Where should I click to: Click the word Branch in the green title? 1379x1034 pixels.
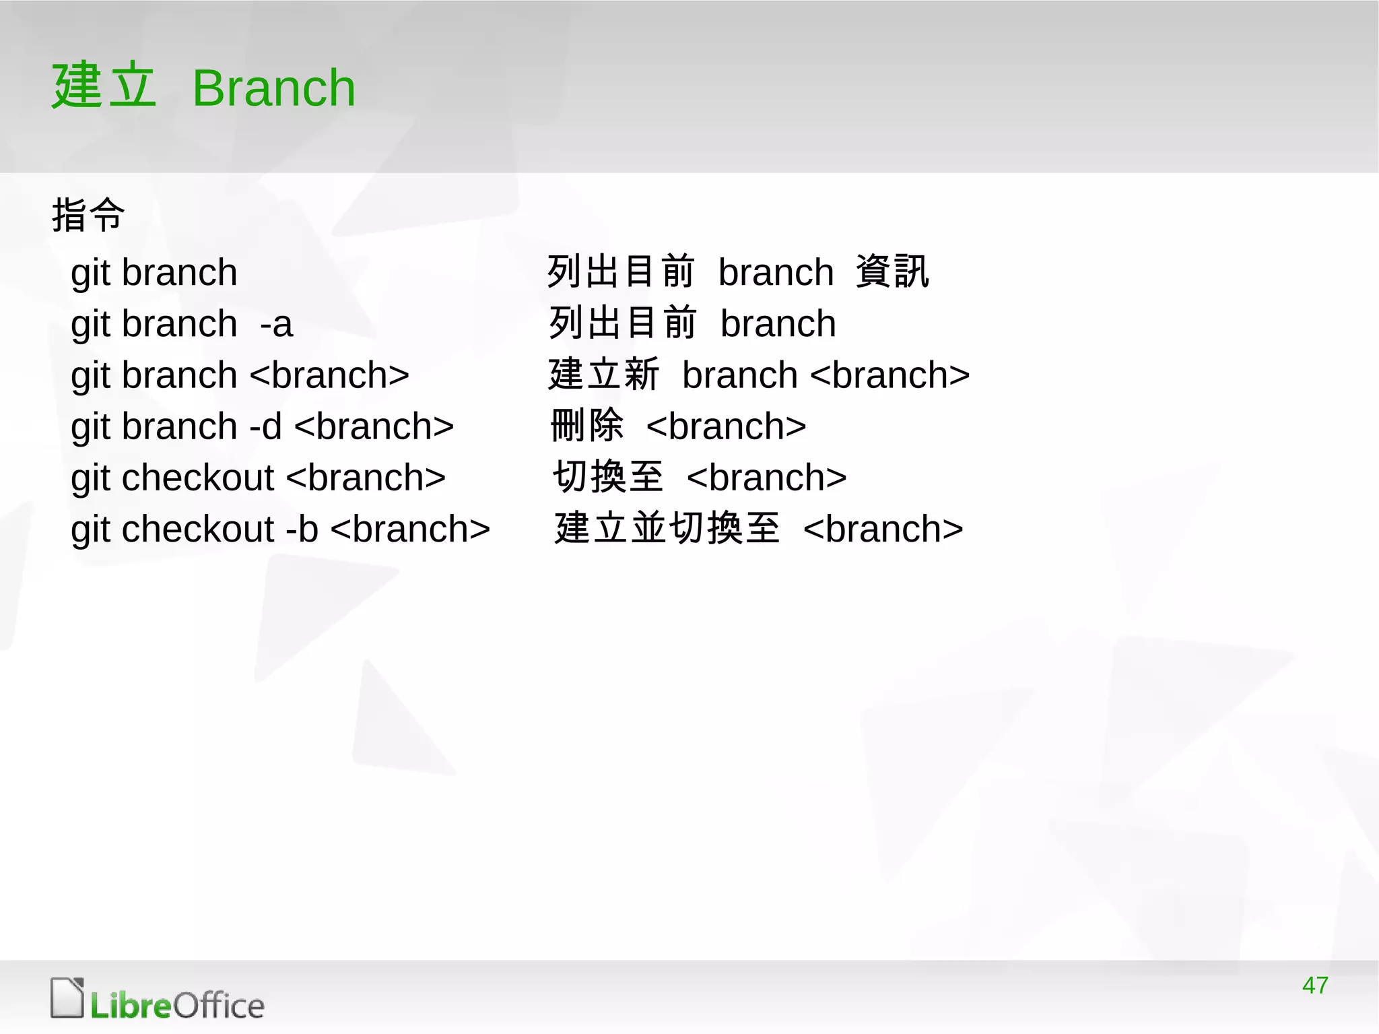pos(273,88)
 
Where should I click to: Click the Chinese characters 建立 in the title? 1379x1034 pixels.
pos(104,86)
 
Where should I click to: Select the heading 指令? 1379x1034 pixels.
pos(88,216)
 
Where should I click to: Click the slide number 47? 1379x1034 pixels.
pos(1314,985)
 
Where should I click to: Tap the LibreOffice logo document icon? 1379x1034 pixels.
pos(67,998)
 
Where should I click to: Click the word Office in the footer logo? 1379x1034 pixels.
pos(219,1006)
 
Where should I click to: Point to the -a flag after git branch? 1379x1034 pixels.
pos(276,324)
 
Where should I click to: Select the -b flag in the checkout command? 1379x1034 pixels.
pos(302,529)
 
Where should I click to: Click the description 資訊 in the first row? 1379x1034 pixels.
pos(892,272)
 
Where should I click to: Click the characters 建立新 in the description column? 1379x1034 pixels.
pos(603,375)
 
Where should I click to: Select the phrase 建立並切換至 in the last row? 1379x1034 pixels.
pos(667,528)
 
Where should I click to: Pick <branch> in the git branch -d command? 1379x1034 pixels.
pos(374,426)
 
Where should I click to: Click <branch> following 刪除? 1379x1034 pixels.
pos(726,426)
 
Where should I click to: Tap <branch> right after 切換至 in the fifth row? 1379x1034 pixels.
pos(766,478)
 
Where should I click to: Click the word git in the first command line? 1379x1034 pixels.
pos(90,273)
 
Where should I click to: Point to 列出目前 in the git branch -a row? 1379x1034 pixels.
pos(622,323)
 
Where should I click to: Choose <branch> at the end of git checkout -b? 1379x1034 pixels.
pos(410,529)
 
